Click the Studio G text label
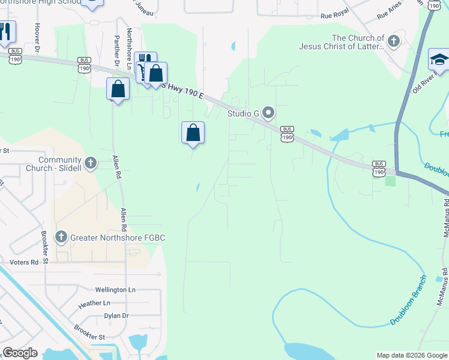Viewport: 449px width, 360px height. (x=243, y=113)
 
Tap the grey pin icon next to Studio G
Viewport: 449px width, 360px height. (x=268, y=112)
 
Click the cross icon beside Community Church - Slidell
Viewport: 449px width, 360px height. (x=90, y=163)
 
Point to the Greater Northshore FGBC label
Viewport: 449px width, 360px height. (x=118, y=238)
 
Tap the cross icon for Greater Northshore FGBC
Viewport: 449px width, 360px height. (x=61, y=238)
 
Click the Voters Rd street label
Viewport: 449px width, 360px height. (x=24, y=262)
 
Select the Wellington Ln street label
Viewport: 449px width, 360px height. (x=116, y=290)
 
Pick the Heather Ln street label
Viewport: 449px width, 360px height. (x=94, y=304)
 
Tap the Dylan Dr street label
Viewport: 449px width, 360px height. (x=116, y=316)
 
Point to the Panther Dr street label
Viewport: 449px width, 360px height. (x=116, y=51)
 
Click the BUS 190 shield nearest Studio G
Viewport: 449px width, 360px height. (x=287, y=134)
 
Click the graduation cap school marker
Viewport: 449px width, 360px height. (x=439, y=60)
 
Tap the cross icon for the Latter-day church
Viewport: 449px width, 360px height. (x=393, y=41)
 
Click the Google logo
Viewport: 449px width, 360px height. (x=20, y=353)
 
